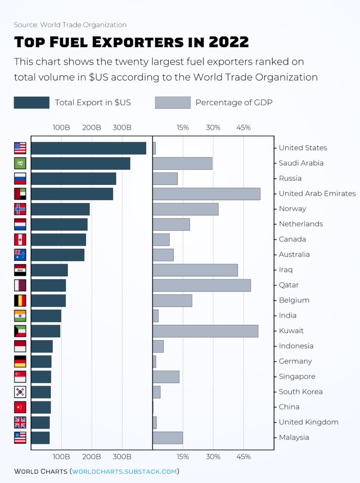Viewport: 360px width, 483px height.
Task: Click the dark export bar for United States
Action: point(89,148)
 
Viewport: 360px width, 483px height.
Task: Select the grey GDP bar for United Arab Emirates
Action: point(206,194)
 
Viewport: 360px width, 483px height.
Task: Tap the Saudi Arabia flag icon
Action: point(20,163)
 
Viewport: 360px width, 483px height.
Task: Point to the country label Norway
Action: point(292,209)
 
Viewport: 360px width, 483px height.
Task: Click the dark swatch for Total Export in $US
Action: point(32,103)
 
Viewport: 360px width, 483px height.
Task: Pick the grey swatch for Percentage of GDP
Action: point(172,103)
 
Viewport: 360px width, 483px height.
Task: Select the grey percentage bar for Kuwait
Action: point(205,331)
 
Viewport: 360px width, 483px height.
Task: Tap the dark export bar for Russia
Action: point(74,179)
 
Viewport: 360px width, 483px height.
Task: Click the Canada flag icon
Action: point(20,240)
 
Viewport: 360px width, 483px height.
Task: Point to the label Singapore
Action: point(297,377)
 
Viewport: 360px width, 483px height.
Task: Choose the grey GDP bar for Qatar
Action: point(202,285)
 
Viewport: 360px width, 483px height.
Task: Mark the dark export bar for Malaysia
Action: point(41,438)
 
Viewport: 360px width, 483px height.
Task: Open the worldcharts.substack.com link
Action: point(124,471)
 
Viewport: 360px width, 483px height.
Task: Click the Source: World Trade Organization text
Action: point(70,25)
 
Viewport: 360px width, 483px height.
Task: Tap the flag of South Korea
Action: point(20,392)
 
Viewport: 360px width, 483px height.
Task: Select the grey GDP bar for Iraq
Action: point(195,270)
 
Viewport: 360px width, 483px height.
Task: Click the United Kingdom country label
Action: point(308,423)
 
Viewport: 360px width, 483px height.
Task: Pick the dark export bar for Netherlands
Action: point(59,225)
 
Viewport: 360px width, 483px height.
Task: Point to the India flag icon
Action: point(20,316)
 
